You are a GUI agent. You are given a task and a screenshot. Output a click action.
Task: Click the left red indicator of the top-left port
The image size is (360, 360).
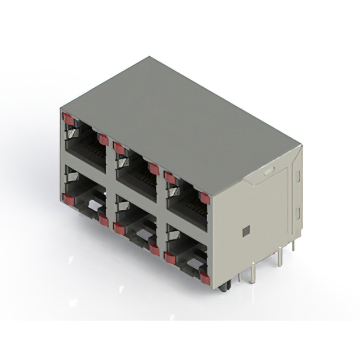[68, 119]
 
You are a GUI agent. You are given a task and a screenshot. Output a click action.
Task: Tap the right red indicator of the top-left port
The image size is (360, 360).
[103, 139]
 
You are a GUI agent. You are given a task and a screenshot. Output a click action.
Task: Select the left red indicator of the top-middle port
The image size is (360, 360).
[119, 148]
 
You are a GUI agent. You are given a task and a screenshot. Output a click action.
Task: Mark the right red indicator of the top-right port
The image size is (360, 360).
[205, 198]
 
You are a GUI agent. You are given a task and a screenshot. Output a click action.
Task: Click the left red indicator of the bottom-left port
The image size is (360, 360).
[68, 199]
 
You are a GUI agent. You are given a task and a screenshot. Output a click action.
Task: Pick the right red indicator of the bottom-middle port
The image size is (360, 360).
[154, 249]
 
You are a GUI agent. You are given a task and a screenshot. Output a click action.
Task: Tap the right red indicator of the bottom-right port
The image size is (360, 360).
[205, 278]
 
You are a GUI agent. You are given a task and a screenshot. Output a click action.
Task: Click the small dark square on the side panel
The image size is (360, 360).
[246, 231]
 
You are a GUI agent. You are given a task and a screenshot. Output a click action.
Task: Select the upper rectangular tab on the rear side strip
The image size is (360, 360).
[298, 176]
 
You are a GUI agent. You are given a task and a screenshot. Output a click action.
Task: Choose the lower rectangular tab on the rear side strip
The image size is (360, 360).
[298, 213]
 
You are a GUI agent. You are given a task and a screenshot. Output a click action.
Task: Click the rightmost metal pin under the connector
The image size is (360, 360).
[293, 246]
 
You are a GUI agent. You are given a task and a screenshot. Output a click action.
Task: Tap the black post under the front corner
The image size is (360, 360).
[224, 287]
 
